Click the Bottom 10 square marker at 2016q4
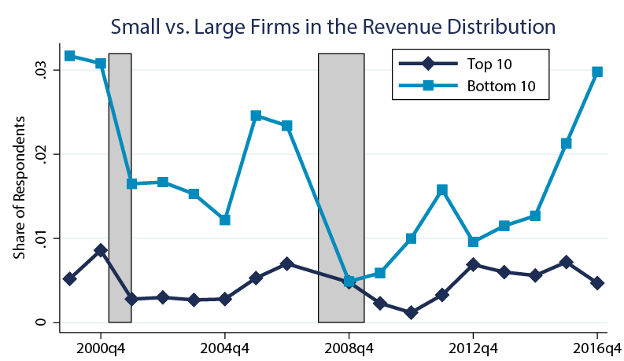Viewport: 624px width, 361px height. click(x=597, y=72)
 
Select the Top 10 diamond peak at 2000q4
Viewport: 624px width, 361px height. click(x=101, y=250)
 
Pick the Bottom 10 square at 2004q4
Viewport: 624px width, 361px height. click(x=225, y=220)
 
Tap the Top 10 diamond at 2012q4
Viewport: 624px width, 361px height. click(x=473, y=264)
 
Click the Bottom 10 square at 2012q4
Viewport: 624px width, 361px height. click(x=473, y=241)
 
